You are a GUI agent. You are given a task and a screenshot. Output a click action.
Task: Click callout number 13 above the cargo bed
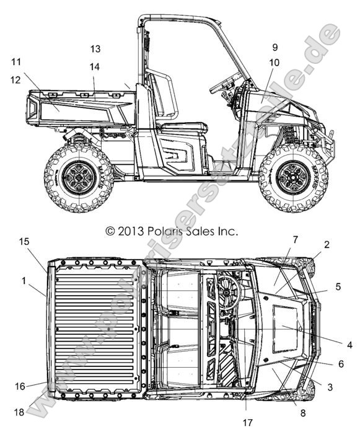(x=95, y=49)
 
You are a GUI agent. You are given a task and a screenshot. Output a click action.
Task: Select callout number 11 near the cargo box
(x=16, y=62)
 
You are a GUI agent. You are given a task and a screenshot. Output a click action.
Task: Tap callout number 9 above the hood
(x=274, y=47)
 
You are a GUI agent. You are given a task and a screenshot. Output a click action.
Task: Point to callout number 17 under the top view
(x=248, y=423)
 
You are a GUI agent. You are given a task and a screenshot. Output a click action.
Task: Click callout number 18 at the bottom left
(x=19, y=412)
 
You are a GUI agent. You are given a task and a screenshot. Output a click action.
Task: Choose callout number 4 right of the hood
(x=349, y=345)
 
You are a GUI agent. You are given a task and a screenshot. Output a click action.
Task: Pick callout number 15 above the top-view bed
(x=24, y=242)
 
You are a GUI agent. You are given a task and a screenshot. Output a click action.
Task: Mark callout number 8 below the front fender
(x=303, y=414)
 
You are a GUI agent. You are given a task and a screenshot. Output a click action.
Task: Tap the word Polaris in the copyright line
(x=164, y=231)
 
